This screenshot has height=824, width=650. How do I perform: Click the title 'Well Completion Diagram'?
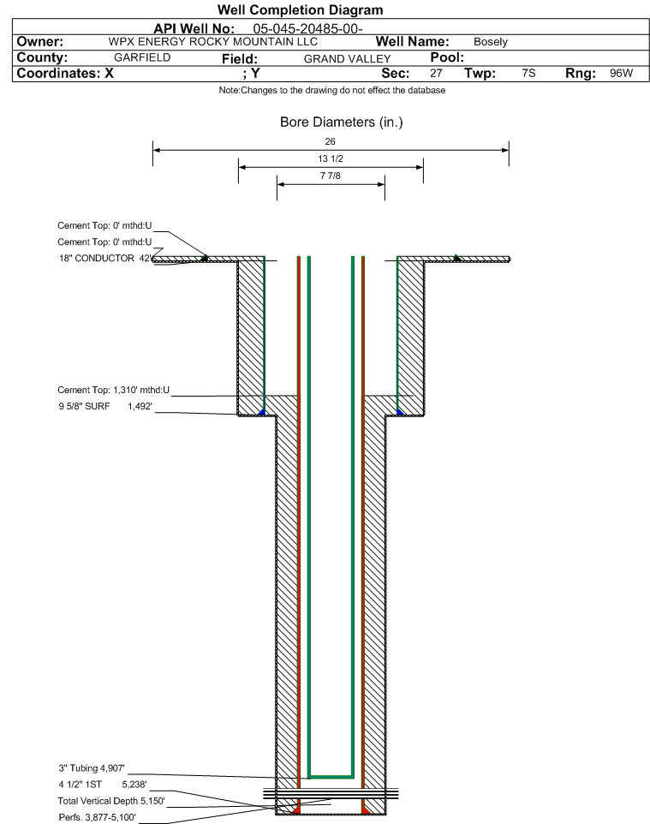pos(300,10)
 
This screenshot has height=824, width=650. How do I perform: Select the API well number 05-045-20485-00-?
pos(308,28)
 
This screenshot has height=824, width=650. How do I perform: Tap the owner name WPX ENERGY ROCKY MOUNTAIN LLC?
pos(213,42)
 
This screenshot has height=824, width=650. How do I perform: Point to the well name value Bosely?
pos(490,42)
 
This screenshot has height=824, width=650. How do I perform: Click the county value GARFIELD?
pos(142,57)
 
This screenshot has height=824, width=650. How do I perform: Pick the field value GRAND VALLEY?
pos(348,59)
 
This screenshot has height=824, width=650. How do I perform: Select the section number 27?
pos(436,73)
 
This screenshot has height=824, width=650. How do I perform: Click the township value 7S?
pos(528,73)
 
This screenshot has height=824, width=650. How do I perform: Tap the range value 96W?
pos(622,73)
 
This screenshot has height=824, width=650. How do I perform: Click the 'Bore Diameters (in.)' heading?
pos(342,122)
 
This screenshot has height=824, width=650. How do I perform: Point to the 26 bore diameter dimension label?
pos(330,141)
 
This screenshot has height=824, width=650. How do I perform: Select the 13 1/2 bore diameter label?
pos(331,158)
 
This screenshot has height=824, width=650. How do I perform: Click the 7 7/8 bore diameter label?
pos(331,176)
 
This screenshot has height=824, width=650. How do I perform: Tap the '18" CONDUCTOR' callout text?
pos(97,258)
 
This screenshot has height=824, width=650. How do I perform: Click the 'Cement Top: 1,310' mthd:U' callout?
pos(114,390)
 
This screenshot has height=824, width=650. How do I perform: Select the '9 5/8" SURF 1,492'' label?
pos(105,406)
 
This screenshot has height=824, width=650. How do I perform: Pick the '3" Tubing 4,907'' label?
pos(92,768)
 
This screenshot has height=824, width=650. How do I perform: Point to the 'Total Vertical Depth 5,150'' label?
pos(111,801)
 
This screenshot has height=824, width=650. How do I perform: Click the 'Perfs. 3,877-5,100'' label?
pos(98,817)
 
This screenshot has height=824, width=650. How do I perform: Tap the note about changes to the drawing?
pos(332,91)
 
